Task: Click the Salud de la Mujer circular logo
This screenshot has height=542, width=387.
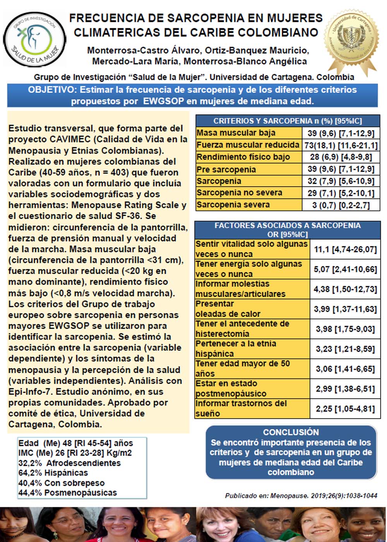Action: point(35,39)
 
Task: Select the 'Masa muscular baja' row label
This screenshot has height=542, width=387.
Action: point(236,133)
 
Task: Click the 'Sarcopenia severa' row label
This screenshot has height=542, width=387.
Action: point(233,204)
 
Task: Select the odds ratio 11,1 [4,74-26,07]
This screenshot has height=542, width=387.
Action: point(345,249)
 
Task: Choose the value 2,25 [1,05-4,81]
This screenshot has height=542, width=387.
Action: point(345,408)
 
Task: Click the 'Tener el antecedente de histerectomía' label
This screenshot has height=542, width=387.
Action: point(242,329)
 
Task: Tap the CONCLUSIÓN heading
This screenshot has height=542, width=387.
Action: point(291,432)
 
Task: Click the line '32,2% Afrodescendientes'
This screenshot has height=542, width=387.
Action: point(70,463)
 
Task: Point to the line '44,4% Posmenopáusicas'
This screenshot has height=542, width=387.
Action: point(68,493)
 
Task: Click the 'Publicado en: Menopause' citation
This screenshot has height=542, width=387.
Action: point(301,496)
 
